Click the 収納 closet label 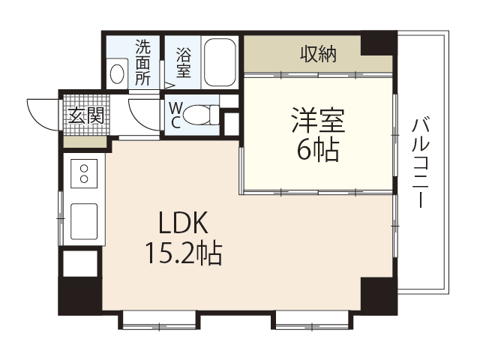pos(318,54)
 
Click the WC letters pos(175,115)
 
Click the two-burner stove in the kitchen pos(84,175)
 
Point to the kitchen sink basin pos(83,219)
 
